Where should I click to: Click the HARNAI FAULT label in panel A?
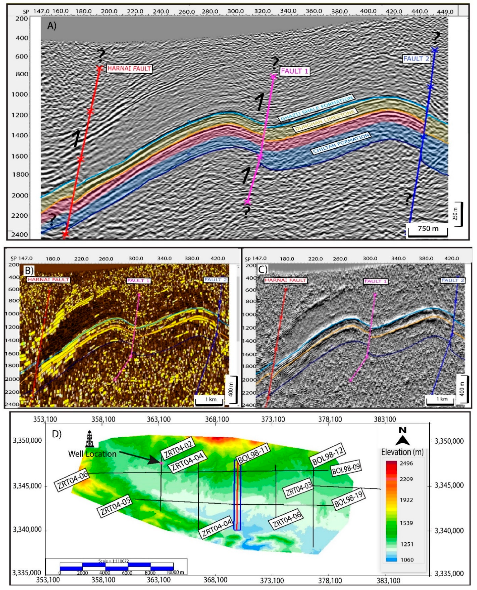click(x=129, y=68)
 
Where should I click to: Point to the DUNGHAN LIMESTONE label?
click(x=325, y=120)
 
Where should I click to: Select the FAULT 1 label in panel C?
click(x=375, y=281)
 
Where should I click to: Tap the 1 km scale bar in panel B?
click(x=211, y=400)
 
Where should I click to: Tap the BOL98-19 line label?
click(x=349, y=499)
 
